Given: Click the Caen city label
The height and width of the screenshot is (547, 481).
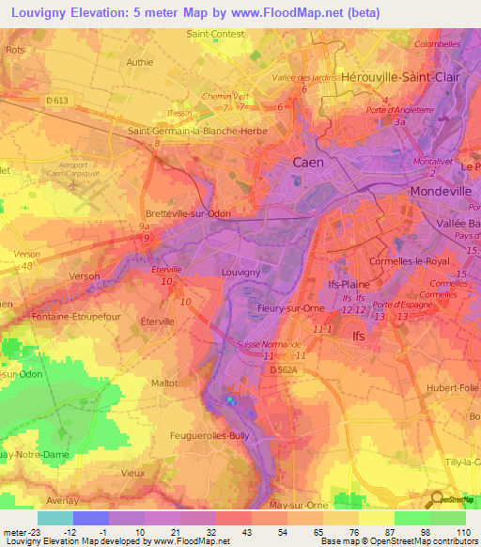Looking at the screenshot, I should pos(308,162).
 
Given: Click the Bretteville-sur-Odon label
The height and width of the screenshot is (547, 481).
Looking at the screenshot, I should pos(188,213).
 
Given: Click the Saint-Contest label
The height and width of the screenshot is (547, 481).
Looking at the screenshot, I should pos(215,33).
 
